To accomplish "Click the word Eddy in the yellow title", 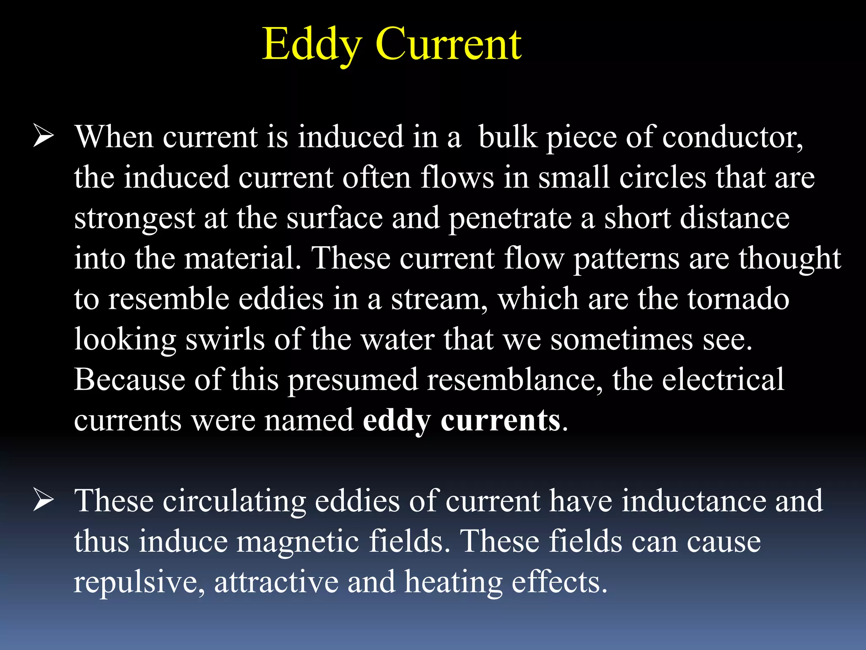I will (312, 44).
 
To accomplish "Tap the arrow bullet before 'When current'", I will (43, 137).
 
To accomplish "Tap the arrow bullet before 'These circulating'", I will (43, 500).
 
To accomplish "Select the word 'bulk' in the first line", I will (507, 138).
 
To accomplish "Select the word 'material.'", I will (243, 258).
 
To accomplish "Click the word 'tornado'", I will (738, 299).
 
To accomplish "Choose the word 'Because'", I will (129, 380).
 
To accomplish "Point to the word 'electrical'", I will (723, 380).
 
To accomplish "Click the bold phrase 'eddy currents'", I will (462, 421).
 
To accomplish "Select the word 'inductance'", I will (693, 501).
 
